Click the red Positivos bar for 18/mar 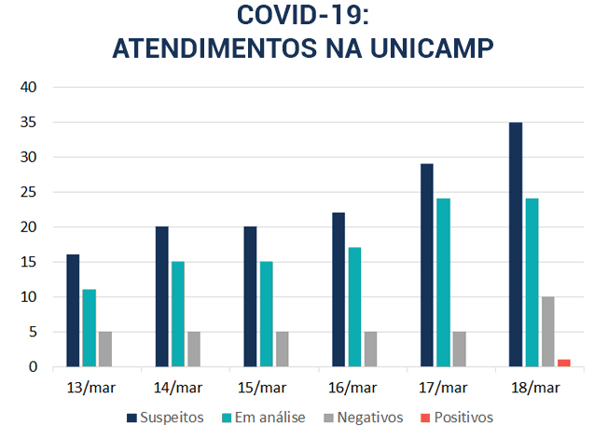click(563, 363)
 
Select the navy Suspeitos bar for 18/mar click(516, 244)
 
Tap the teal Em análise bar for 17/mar click(443, 282)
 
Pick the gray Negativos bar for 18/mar click(547, 332)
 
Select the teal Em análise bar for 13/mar click(89, 328)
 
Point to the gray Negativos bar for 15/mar click(282, 349)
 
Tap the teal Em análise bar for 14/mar click(177, 314)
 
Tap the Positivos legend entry click(456, 418)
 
